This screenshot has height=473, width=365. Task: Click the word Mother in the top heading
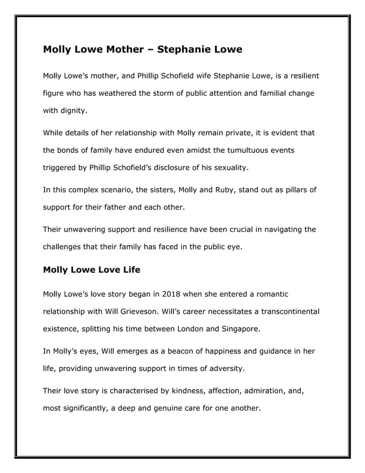click(123, 49)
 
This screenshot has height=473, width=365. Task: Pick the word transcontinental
click(283, 312)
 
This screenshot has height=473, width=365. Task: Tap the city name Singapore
click(239, 329)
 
